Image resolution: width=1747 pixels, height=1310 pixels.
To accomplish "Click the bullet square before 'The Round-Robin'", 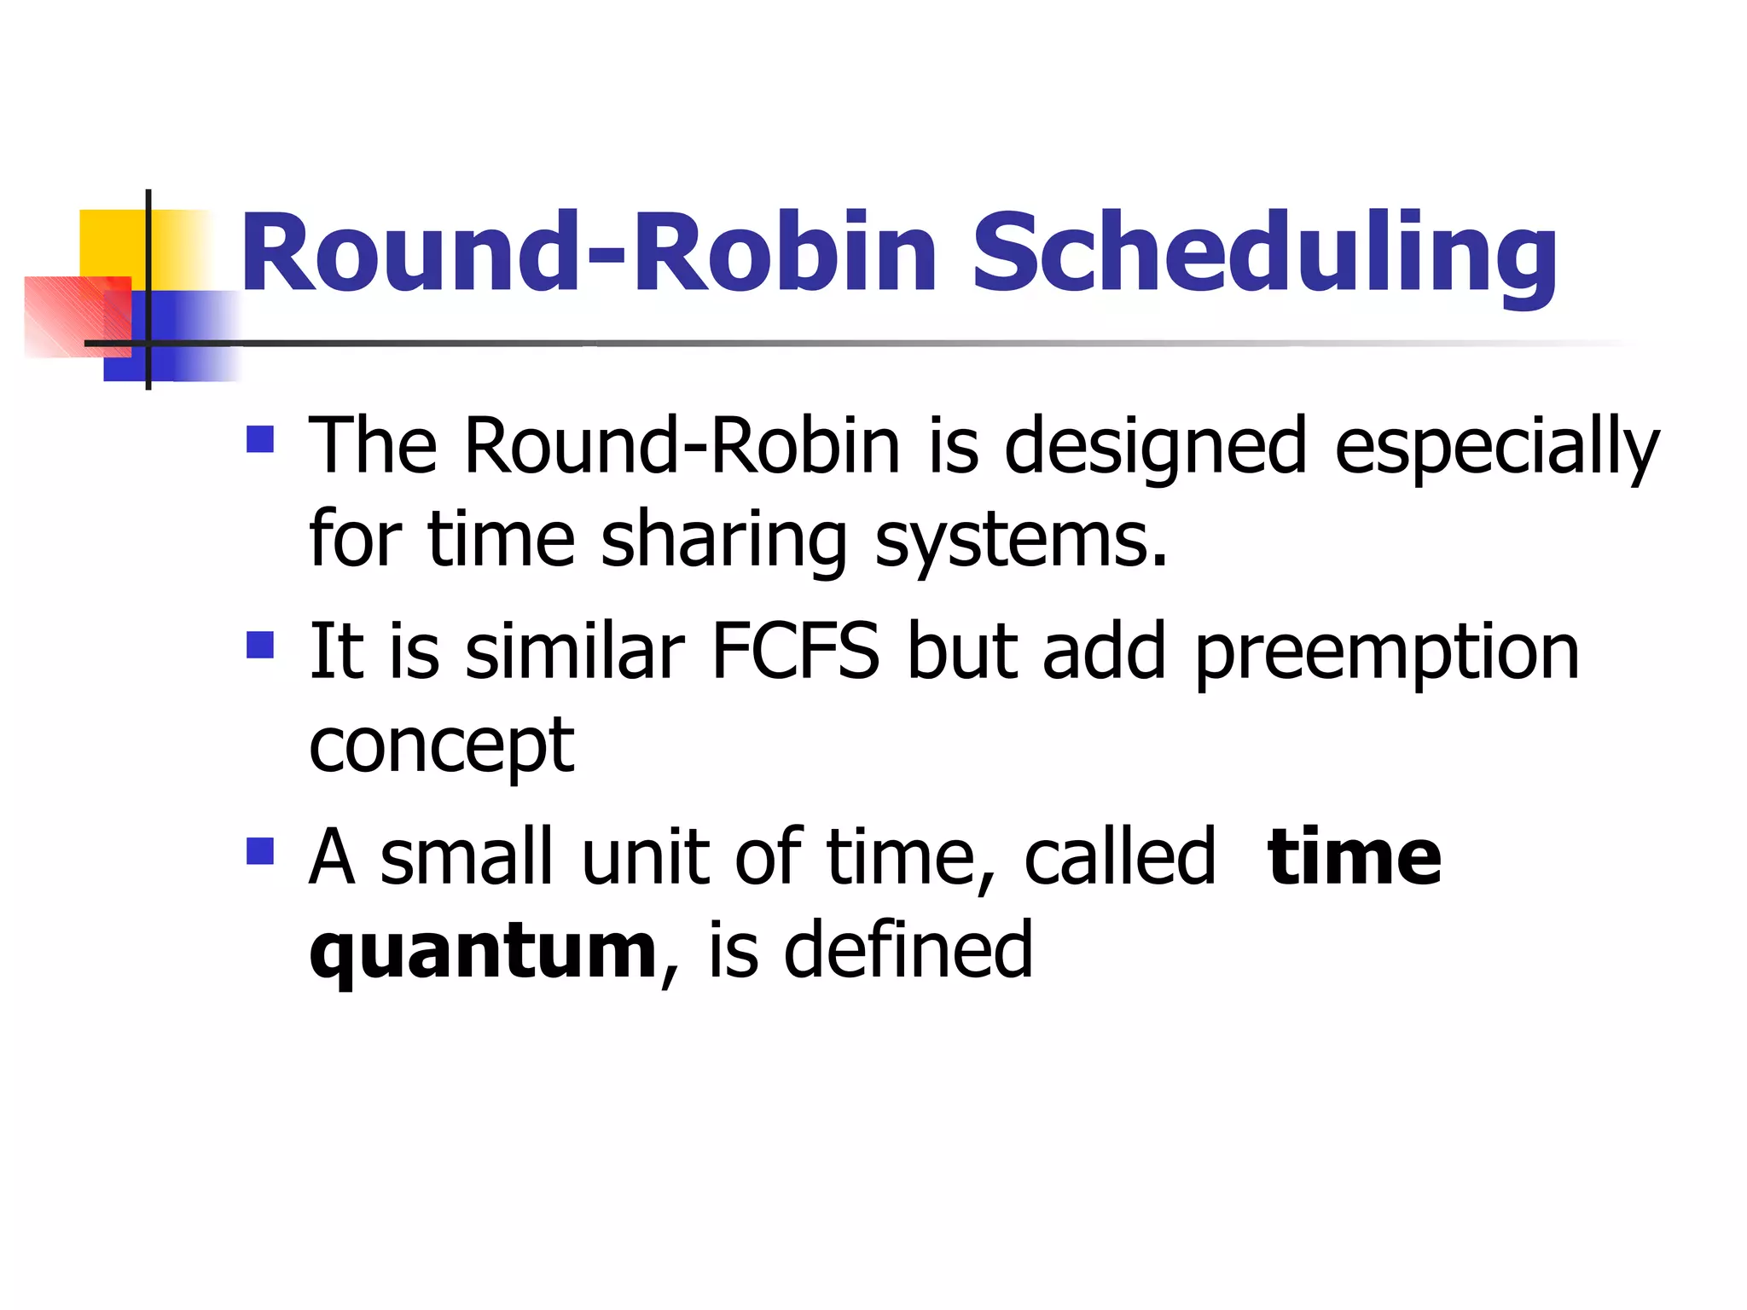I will tap(260, 439).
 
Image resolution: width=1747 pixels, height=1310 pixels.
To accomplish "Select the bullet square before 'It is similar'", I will tap(260, 646).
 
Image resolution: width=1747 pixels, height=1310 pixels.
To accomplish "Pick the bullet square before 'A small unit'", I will tap(260, 851).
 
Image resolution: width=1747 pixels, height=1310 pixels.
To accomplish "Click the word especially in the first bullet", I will tap(1496, 448).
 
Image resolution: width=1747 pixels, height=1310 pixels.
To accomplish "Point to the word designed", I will tap(1155, 448).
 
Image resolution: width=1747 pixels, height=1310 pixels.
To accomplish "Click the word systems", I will tap(1020, 541).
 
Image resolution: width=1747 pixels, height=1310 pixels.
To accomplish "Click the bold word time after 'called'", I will tap(1354, 857).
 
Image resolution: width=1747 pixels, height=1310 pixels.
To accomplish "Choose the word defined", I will tap(908, 950).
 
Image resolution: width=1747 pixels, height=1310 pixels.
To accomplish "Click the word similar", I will tap(574, 652).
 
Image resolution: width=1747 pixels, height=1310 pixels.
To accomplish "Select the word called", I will tap(1118, 857).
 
